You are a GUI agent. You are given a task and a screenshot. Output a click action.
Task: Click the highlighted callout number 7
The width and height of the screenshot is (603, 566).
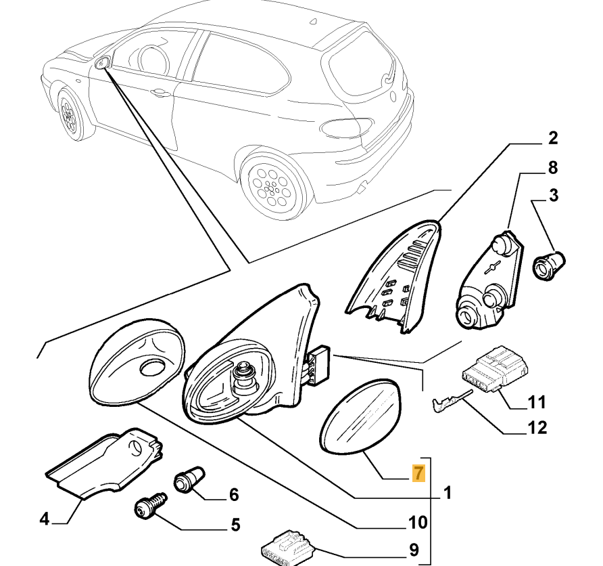419,473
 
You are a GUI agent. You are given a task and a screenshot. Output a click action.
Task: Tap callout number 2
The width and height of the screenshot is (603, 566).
552,140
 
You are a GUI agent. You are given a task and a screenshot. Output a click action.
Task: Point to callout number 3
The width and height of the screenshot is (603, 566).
553,197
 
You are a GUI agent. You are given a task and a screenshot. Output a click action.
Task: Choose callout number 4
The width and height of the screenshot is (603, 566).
44,519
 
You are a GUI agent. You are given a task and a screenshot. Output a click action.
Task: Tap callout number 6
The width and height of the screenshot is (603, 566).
233,496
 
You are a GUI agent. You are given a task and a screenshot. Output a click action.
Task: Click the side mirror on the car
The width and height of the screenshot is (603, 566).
103,64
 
